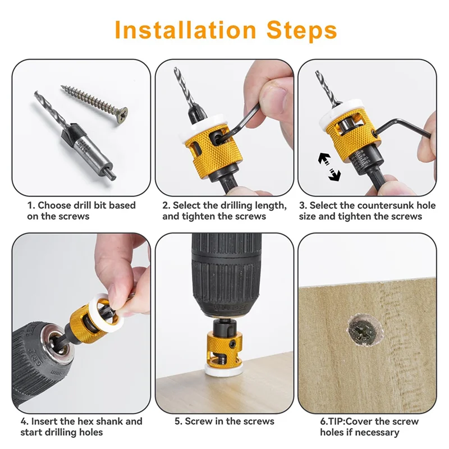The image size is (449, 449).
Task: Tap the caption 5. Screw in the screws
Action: coord(224,421)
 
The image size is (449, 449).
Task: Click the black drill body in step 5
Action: coord(224,269)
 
